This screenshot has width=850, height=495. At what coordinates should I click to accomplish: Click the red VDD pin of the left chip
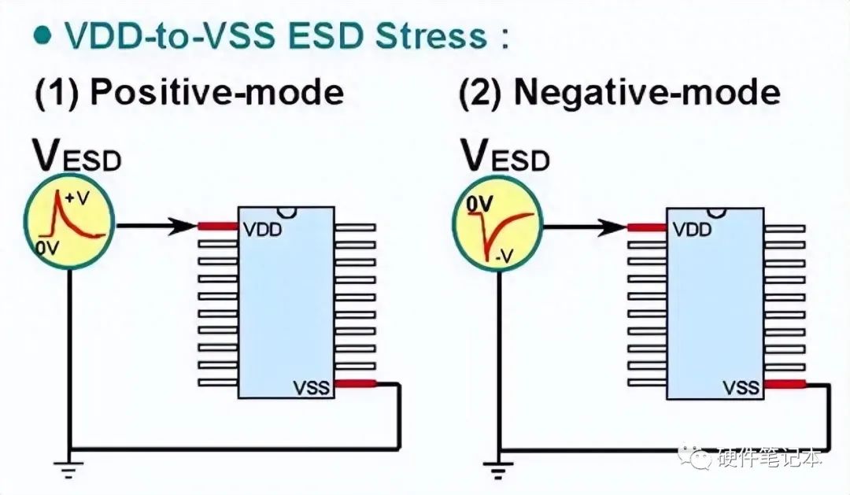218,226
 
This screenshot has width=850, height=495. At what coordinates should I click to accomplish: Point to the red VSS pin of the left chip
355,383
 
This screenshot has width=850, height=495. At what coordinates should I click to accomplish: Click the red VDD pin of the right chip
647,227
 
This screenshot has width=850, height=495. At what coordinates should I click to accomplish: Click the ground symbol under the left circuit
70,471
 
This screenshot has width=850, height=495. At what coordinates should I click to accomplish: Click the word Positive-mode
217,93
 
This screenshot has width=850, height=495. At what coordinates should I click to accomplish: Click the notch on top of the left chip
286,212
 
